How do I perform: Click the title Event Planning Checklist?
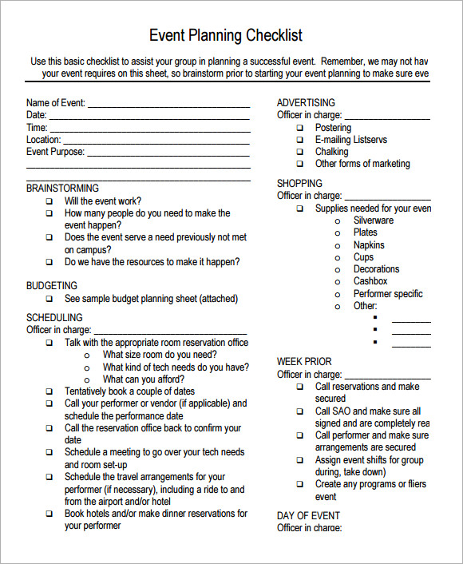[x=227, y=36]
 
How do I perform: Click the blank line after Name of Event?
[x=168, y=105]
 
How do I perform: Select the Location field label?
[x=43, y=140]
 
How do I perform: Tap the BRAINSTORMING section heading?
[x=62, y=189]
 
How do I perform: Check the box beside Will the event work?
[x=49, y=202]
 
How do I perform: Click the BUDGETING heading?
[x=52, y=285]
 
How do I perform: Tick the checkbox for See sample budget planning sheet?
[x=49, y=300]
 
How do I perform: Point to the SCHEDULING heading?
[x=54, y=317]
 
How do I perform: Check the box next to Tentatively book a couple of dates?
[x=49, y=392]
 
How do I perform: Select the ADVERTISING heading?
[x=306, y=103]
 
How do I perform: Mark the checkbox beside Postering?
[x=300, y=128]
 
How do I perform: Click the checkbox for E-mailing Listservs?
[x=300, y=140]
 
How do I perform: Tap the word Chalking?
[x=331, y=152]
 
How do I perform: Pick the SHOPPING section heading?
[x=299, y=183]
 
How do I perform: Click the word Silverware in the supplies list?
[x=374, y=220]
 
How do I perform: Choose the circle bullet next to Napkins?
[x=338, y=246]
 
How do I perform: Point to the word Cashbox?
[x=370, y=281]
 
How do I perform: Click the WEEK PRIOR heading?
[x=304, y=362]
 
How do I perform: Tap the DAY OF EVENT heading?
[x=308, y=515]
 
